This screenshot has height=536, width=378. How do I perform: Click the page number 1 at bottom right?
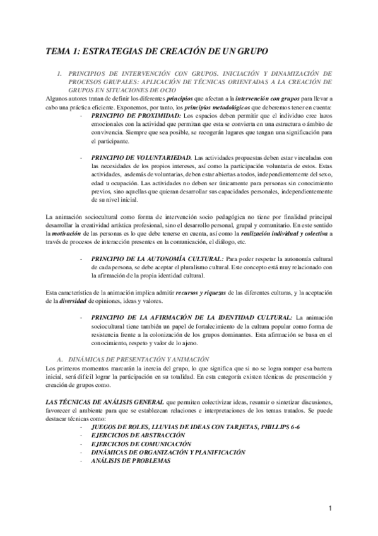coord(329,509)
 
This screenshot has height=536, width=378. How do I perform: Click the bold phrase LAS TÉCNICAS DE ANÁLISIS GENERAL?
coord(104,403)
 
